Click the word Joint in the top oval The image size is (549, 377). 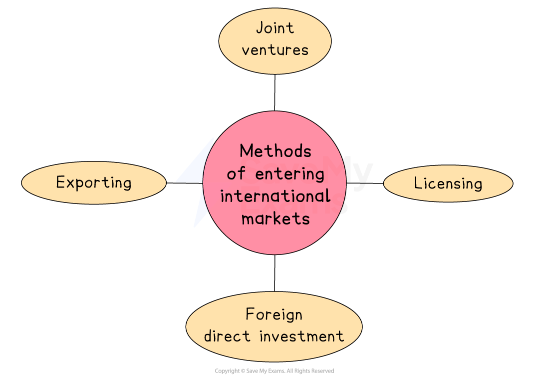(275, 28)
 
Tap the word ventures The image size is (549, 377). (275, 50)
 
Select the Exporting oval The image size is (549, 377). (94, 182)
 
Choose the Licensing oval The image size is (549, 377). (448, 183)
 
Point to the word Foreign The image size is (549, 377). (274, 315)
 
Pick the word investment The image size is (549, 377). (301, 336)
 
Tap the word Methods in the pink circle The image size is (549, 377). (275, 151)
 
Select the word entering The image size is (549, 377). (289, 174)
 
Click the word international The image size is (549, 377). (275, 196)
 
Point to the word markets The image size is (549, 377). (275, 218)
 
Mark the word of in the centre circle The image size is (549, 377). (236, 174)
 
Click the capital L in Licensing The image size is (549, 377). (418, 183)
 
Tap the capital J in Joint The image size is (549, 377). (259, 28)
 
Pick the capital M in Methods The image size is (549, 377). (246, 151)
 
